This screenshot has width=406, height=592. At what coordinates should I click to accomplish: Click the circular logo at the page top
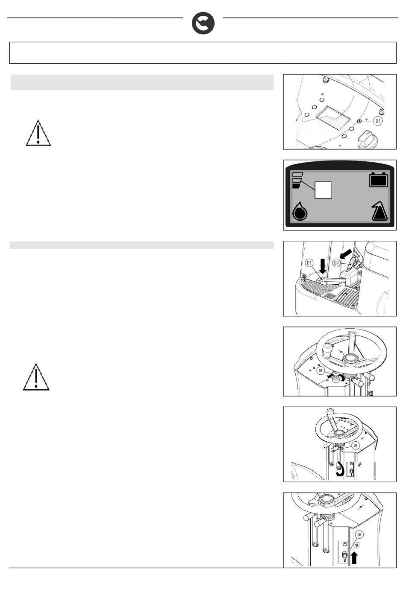[x=203, y=23]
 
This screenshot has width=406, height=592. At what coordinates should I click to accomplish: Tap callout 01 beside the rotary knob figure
[x=378, y=121]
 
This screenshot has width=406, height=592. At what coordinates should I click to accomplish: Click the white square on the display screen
[x=323, y=190]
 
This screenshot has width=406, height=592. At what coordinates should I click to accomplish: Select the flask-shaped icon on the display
[x=380, y=211]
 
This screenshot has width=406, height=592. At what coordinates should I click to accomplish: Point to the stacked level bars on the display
[x=297, y=180]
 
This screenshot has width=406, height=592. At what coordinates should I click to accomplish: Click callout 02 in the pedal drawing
[x=336, y=263]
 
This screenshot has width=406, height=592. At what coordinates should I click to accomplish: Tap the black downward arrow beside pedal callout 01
[x=323, y=266]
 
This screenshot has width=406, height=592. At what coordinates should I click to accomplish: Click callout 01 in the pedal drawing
[x=309, y=263]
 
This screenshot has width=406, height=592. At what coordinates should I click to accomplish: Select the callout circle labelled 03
[x=321, y=371]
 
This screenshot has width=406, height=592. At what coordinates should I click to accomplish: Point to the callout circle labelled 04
[x=356, y=446]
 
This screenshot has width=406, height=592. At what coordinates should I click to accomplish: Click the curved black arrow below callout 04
[x=340, y=470]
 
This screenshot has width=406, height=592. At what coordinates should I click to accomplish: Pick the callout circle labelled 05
[x=359, y=535]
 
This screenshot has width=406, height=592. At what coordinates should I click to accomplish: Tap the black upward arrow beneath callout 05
[x=354, y=558]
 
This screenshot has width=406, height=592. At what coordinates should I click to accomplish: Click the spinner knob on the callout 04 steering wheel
[x=330, y=412]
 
